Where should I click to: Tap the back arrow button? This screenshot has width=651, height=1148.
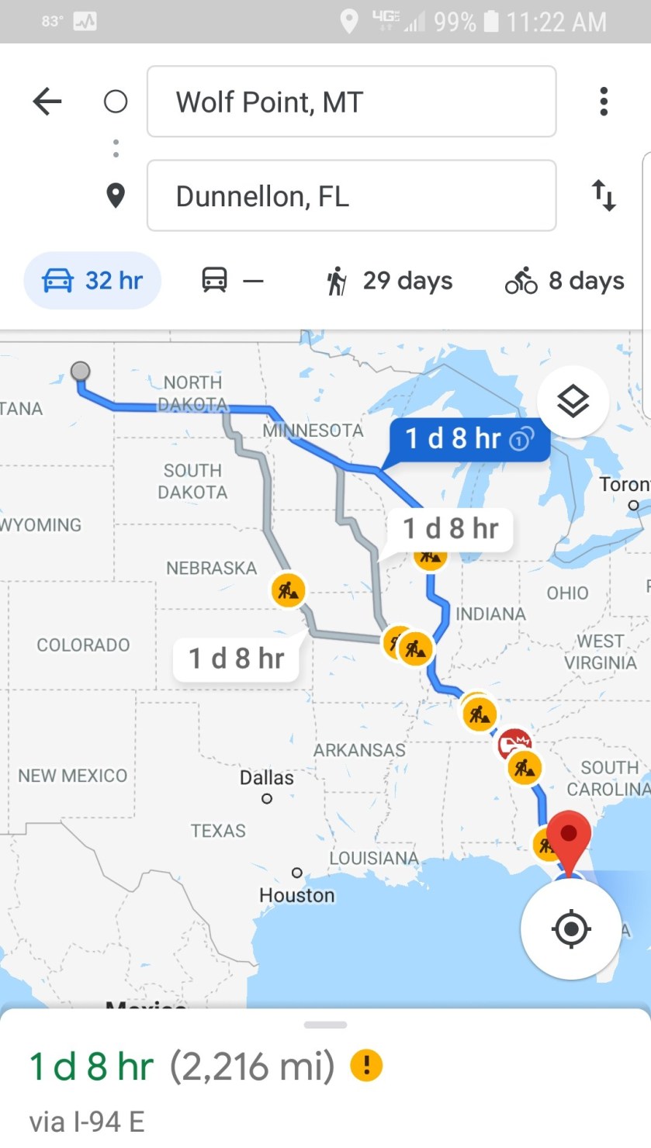[x=47, y=102]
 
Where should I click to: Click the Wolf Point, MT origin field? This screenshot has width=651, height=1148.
[x=351, y=102]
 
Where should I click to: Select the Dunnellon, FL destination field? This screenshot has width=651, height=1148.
[x=351, y=196]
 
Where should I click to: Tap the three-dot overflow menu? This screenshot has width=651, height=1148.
[x=604, y=102]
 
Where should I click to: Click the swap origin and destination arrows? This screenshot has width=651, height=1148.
[x=604, y=195]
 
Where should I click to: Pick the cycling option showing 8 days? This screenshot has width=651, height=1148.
[x=564, y=281]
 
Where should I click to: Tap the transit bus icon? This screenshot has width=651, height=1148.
[x=215, y=280]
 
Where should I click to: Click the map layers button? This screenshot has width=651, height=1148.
[x=573, y=401]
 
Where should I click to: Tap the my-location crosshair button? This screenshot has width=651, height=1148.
[x=571, y=928]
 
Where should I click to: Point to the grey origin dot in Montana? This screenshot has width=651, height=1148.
[x=80, y=372]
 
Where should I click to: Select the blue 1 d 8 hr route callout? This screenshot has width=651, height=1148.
[x=469, y=439]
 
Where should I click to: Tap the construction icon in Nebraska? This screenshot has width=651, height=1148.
[x=288, y=590]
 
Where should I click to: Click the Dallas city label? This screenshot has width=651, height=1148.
[x=267, y=778]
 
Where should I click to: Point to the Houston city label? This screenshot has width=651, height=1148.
[x=297, y=895]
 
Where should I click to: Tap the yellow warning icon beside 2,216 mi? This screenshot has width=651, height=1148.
[x=366, y=1066]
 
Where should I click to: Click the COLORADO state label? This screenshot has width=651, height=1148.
[x=83, y=645]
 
